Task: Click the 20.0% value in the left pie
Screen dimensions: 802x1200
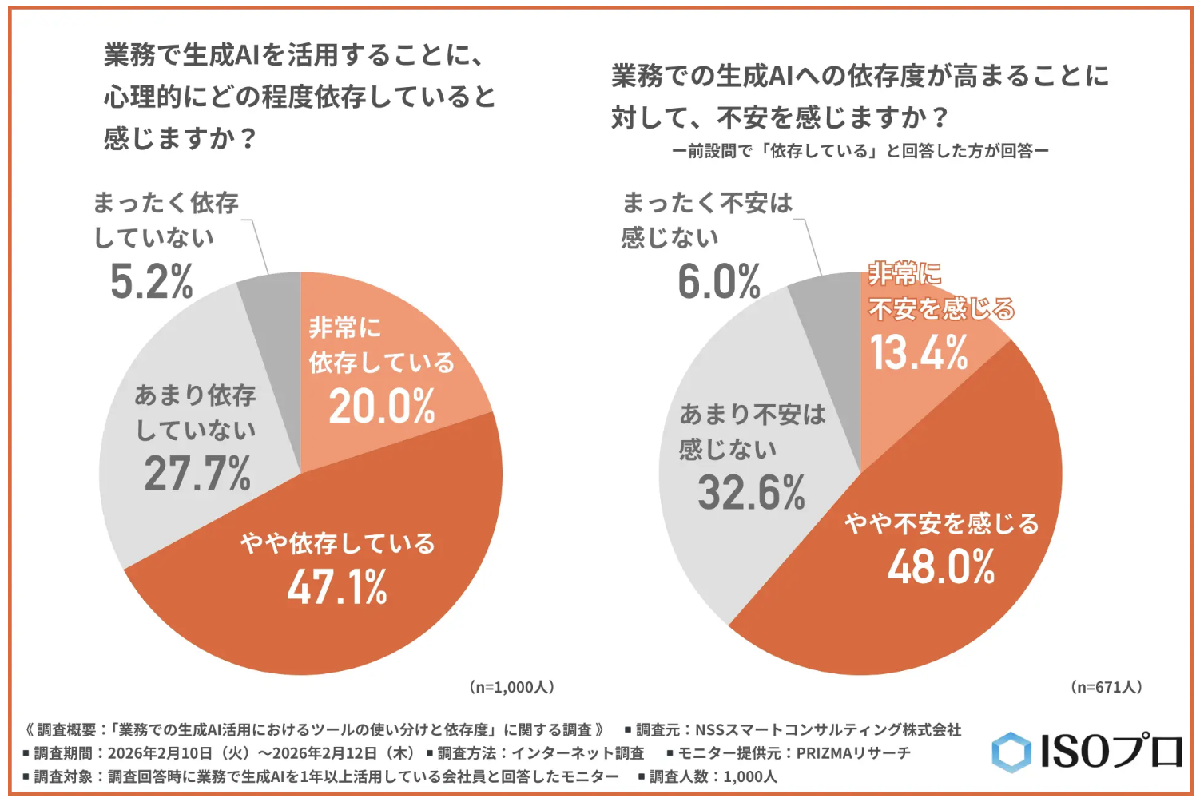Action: (x=382, y=407)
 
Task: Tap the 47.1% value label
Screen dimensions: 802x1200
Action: (x=337, y=588)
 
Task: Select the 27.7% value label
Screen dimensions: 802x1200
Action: (x=197, y=474)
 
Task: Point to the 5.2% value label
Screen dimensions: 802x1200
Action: (x=152, y=282)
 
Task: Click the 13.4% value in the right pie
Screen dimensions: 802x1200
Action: (x=919, y=352)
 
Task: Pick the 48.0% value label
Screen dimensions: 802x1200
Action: (x=941, y=567)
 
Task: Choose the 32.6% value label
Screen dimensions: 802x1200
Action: (x=751, y=493)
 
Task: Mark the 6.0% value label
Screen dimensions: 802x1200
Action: (x=719, y=282)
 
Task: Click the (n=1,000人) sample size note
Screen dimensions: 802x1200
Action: (x=511, y=687)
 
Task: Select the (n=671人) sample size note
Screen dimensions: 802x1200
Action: (x=1107, y=687)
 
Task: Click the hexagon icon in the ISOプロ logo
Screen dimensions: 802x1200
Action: (x=1011, y=752)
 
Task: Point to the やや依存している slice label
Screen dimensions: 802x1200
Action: (x=338, y=544)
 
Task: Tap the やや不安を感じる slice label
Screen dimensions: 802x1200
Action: (x=942, y=524)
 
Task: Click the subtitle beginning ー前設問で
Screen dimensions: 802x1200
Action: (x=860, y=151)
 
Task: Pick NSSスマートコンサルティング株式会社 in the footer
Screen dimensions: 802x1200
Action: (x=828, y=729)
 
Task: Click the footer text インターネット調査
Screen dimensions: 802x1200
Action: (x=578, y=752)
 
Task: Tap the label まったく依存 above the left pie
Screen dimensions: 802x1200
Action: (x=166, y=203)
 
